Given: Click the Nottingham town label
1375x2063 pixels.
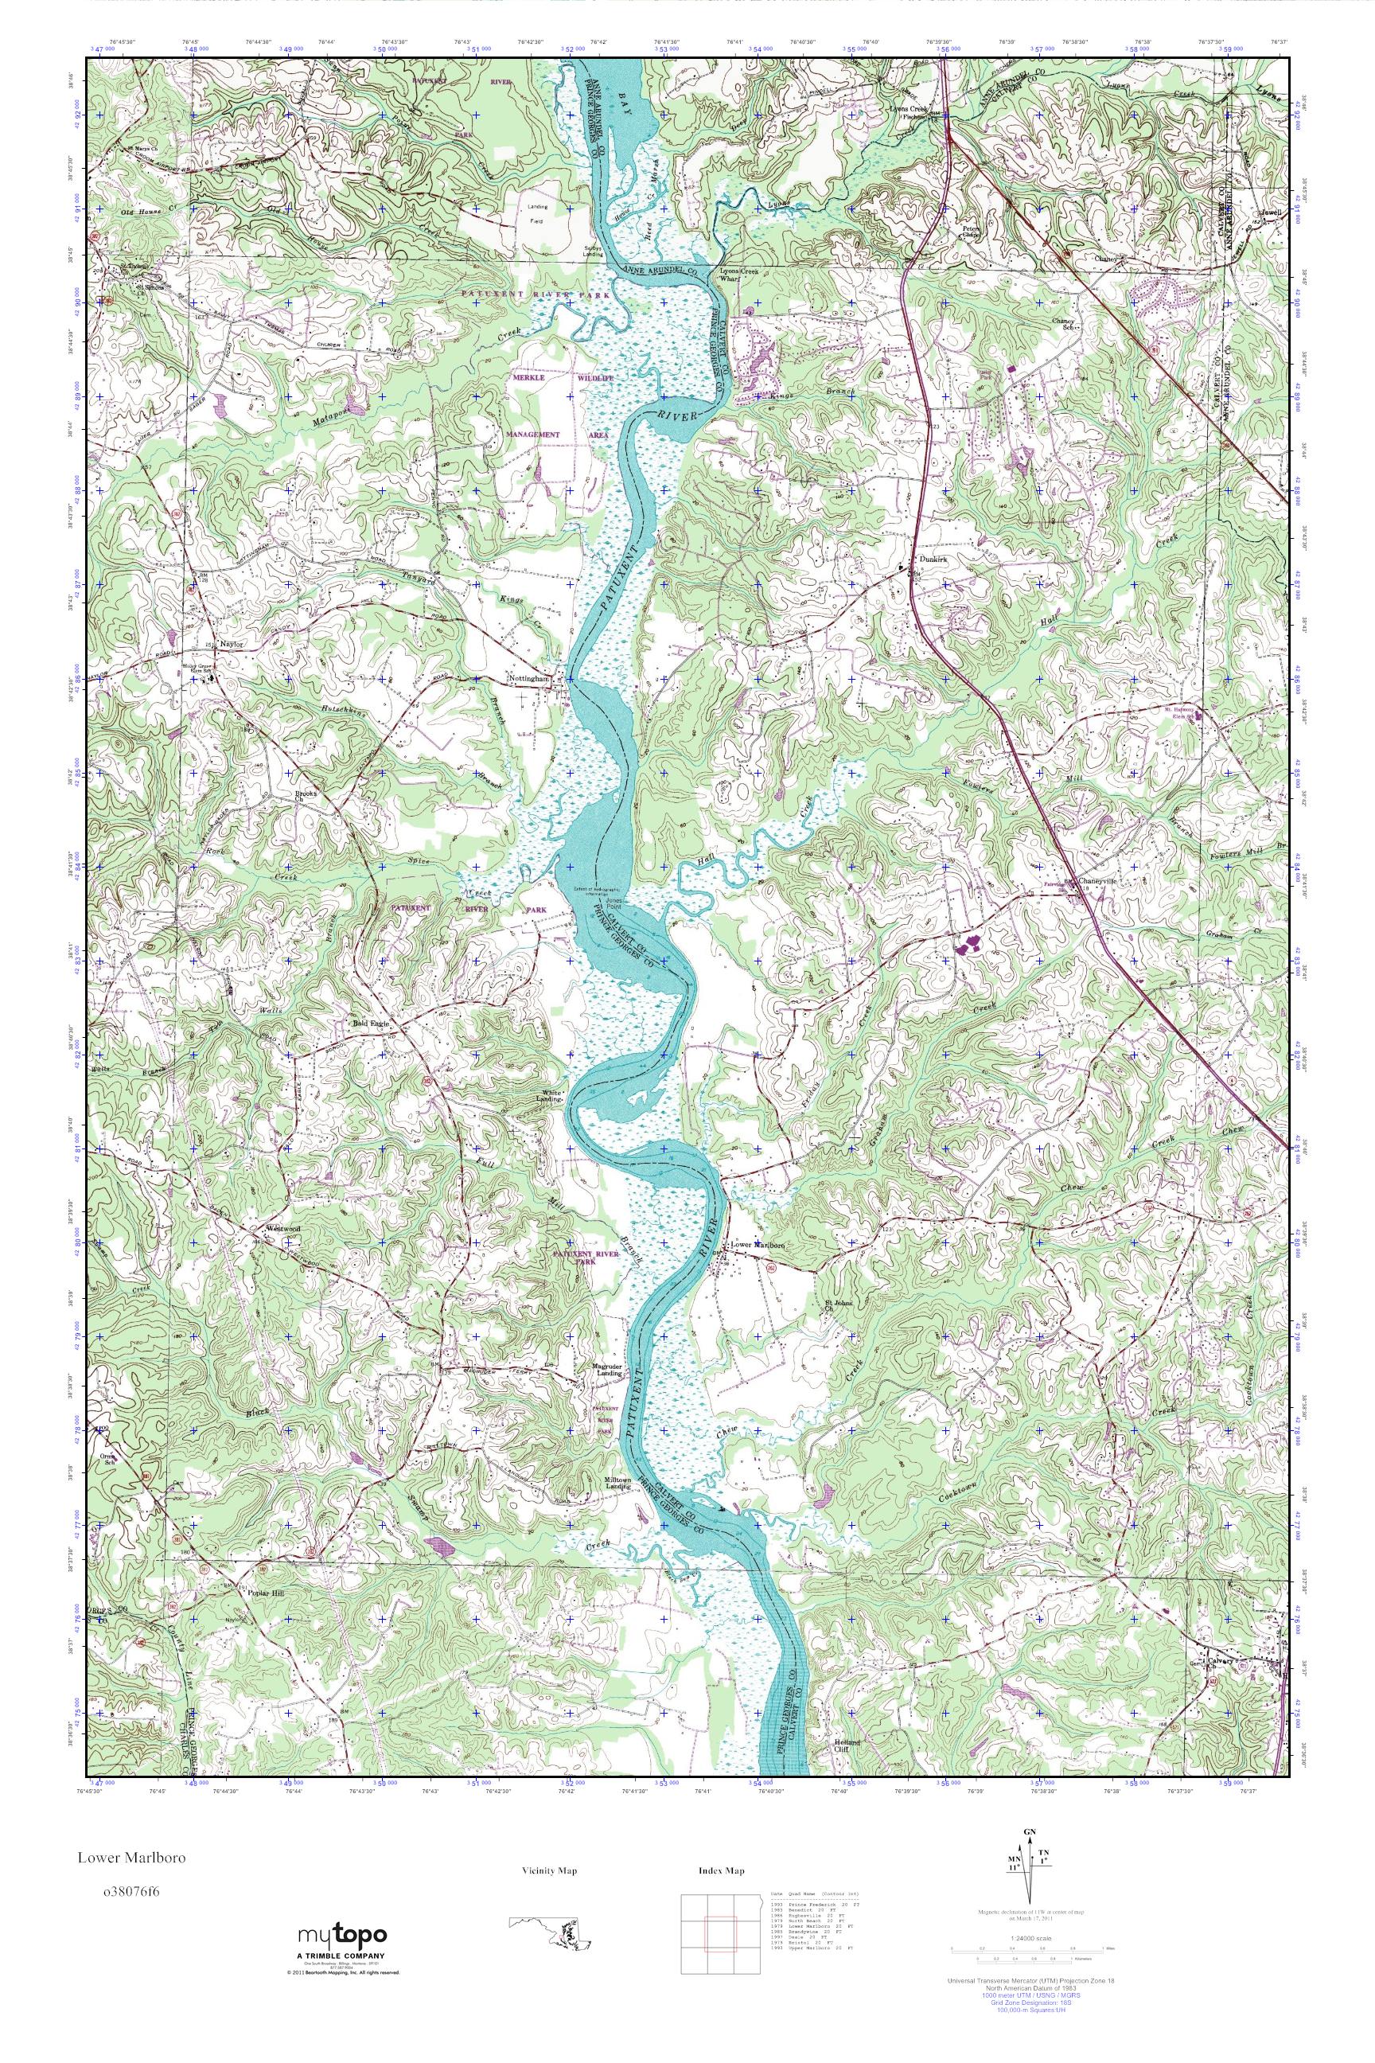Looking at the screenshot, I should [x=529, y=679].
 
